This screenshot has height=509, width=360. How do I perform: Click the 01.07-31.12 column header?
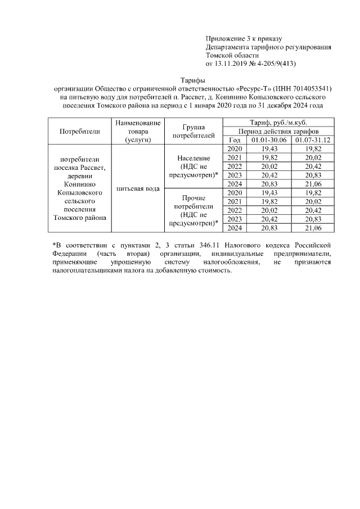click(x=314, y=139)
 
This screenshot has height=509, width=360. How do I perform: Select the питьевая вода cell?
click(x=138, y=188)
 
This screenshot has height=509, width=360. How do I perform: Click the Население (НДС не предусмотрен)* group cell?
click(x=192, y=166)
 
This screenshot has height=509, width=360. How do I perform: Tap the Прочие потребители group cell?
click(x=192, y=210)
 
